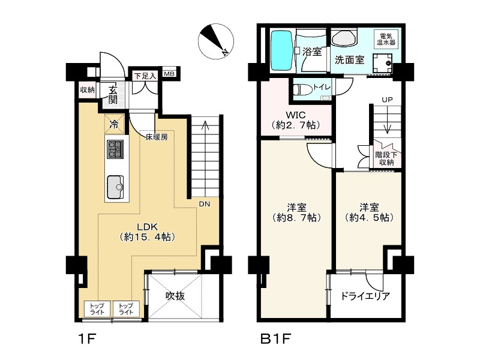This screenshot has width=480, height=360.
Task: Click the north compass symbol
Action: coord(216,41)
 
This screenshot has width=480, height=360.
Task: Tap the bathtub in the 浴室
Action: coord(282,50)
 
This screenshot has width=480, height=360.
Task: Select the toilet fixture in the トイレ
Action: coord(302,89)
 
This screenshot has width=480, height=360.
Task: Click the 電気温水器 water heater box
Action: coord(386,39)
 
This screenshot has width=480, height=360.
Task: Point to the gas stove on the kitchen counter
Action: coord(116,149)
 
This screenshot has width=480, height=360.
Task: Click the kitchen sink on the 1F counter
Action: coord(115,187)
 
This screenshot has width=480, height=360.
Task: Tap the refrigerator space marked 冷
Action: coord(114,124)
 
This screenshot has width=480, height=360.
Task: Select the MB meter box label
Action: coord(169,74)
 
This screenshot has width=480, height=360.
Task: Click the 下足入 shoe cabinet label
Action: coord(145,76)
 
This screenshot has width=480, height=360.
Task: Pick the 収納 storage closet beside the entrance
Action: coord(87,90)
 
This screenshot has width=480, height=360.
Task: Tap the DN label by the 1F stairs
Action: coord(204,203)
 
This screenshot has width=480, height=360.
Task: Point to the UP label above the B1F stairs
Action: coord(387,100)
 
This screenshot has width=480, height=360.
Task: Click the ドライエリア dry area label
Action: coord(365,296)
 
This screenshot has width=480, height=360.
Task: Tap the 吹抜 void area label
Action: coord(175,296)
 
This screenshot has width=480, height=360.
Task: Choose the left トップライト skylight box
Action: coord(97,309)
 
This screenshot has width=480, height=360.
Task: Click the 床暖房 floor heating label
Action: coord(157,137)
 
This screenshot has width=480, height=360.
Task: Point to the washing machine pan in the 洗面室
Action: coord(382,64)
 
